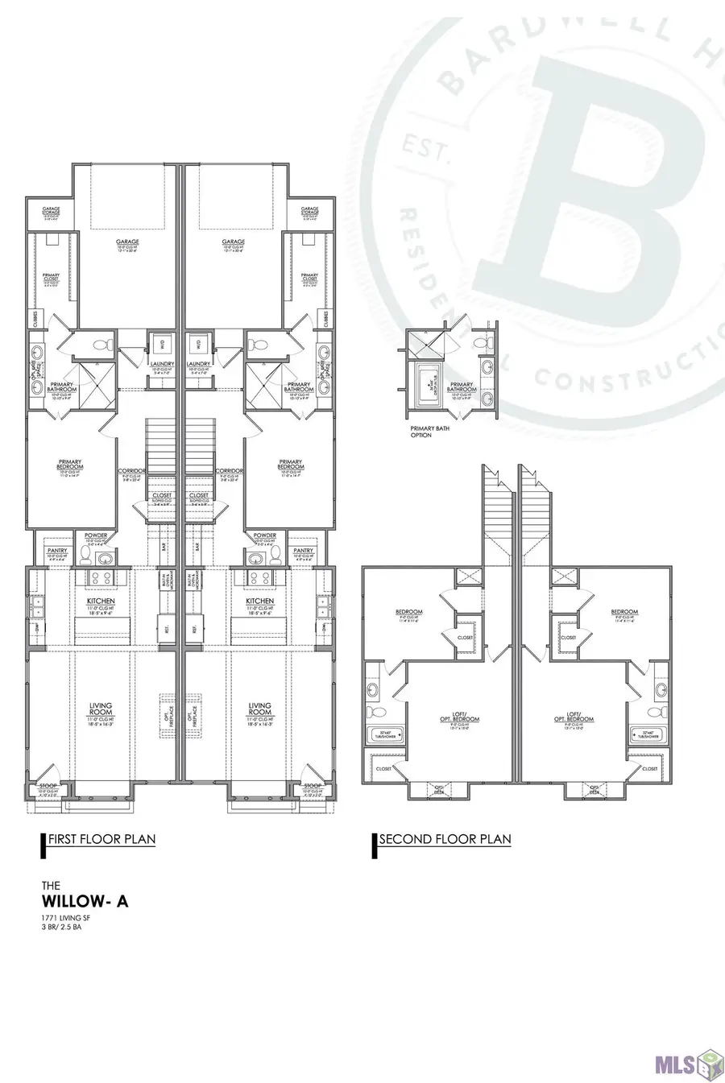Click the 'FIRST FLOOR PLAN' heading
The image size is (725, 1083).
pos(101,839)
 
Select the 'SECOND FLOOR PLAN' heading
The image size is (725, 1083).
pos(445,839)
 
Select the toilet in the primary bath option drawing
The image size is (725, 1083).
pos(481,343)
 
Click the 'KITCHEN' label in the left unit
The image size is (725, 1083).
pos(101,601)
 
